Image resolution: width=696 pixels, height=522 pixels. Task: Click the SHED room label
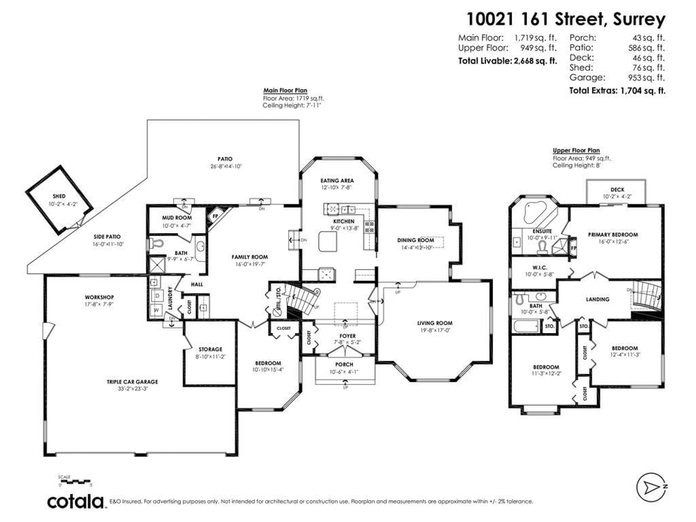(59, 196)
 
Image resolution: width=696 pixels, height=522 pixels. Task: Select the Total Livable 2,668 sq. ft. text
(507, 61)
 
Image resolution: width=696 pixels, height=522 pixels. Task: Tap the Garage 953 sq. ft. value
(646, 77)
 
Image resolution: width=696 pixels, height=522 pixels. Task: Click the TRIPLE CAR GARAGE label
(132, 382)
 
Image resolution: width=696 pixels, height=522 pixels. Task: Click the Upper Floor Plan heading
(576, 150)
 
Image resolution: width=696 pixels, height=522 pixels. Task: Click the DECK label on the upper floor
(617, 190)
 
